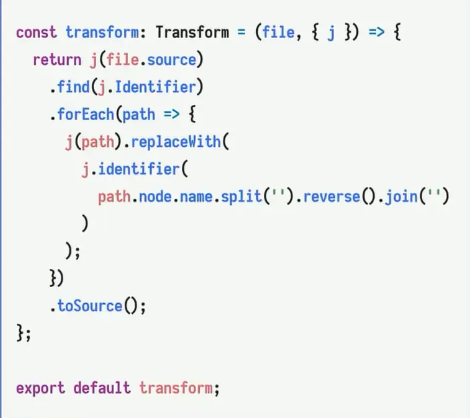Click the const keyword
coord(36,33)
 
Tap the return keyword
coord(57,60)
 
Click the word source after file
coord(172,60)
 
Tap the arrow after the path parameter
coord(172,114)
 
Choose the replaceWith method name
coord(176,142)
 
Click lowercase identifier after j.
coord(139,170)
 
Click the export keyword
coord(40,388)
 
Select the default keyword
coord(102,388)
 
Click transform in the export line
coord(176,388)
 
